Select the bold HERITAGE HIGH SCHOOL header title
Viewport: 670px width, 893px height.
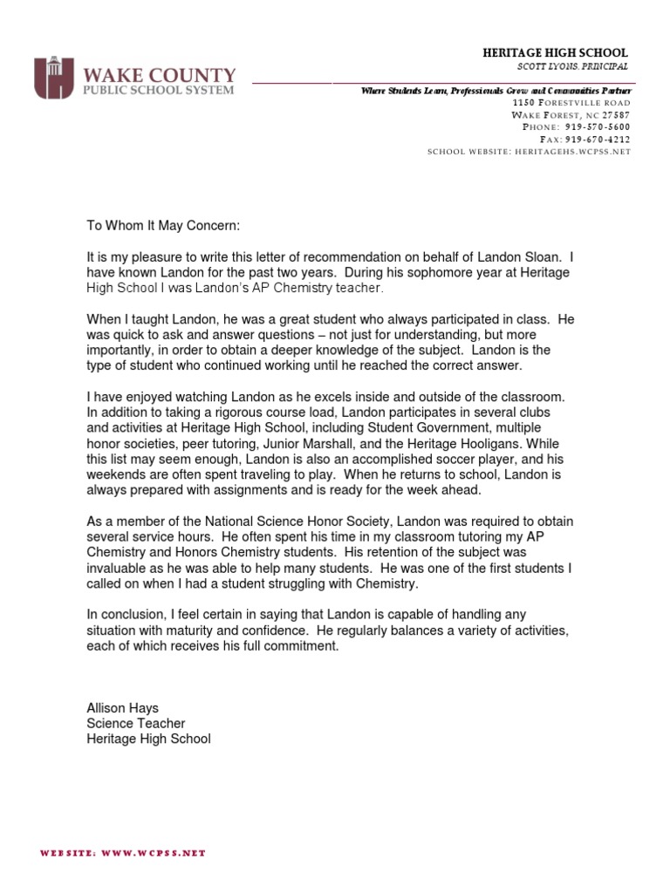(556, 53)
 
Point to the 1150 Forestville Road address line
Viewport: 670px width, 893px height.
(571, 103)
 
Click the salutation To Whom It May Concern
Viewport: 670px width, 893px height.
(161, 225)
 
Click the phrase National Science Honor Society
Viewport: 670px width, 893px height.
(287, 521)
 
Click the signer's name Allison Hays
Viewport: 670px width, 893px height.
(123, 708)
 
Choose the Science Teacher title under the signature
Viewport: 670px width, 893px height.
(135, 724)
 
